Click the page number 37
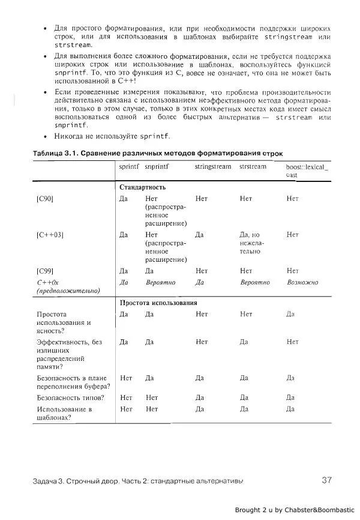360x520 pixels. click(326, 480)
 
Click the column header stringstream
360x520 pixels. click(212, 166)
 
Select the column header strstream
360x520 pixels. click(253, 166)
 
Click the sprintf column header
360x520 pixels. click(128, 166)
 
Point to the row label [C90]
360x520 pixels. click(45, 198)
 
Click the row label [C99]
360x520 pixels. click(45, 271)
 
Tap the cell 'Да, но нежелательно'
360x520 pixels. click(251, 243)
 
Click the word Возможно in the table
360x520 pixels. click(302, 282)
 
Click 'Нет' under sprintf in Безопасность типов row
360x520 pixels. click(126, 397)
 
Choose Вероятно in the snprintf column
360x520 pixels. click(160, 282)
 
